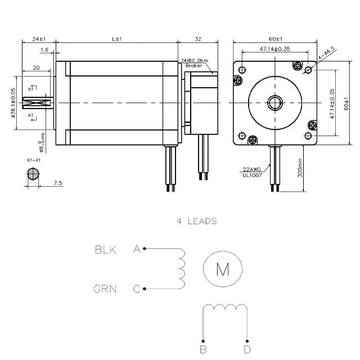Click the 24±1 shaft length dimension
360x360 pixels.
tap(39, 39)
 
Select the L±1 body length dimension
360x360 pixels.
tap(117, 39)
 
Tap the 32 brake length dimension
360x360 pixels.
tap(197, 39)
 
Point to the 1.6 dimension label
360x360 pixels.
tap(44, 50)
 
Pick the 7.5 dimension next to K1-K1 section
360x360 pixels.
tap(58, 183)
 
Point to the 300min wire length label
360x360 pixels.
tap(300, 168)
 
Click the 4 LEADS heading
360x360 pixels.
tap(196, 221)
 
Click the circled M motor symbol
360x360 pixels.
tap(223, 270)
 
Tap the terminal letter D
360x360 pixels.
tap(247, 350)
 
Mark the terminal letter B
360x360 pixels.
tap(203, 350)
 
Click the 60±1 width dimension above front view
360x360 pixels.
tap(275, 39)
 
